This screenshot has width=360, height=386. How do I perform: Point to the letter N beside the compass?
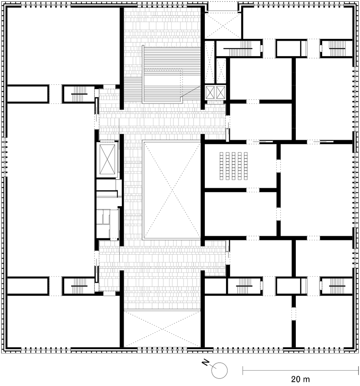[x=205, y=362]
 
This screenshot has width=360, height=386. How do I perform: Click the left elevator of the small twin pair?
[x=210, y=92]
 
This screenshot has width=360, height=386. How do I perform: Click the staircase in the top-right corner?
[x=336, y=47]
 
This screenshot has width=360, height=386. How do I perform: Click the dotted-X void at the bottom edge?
[x=162, y=329]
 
